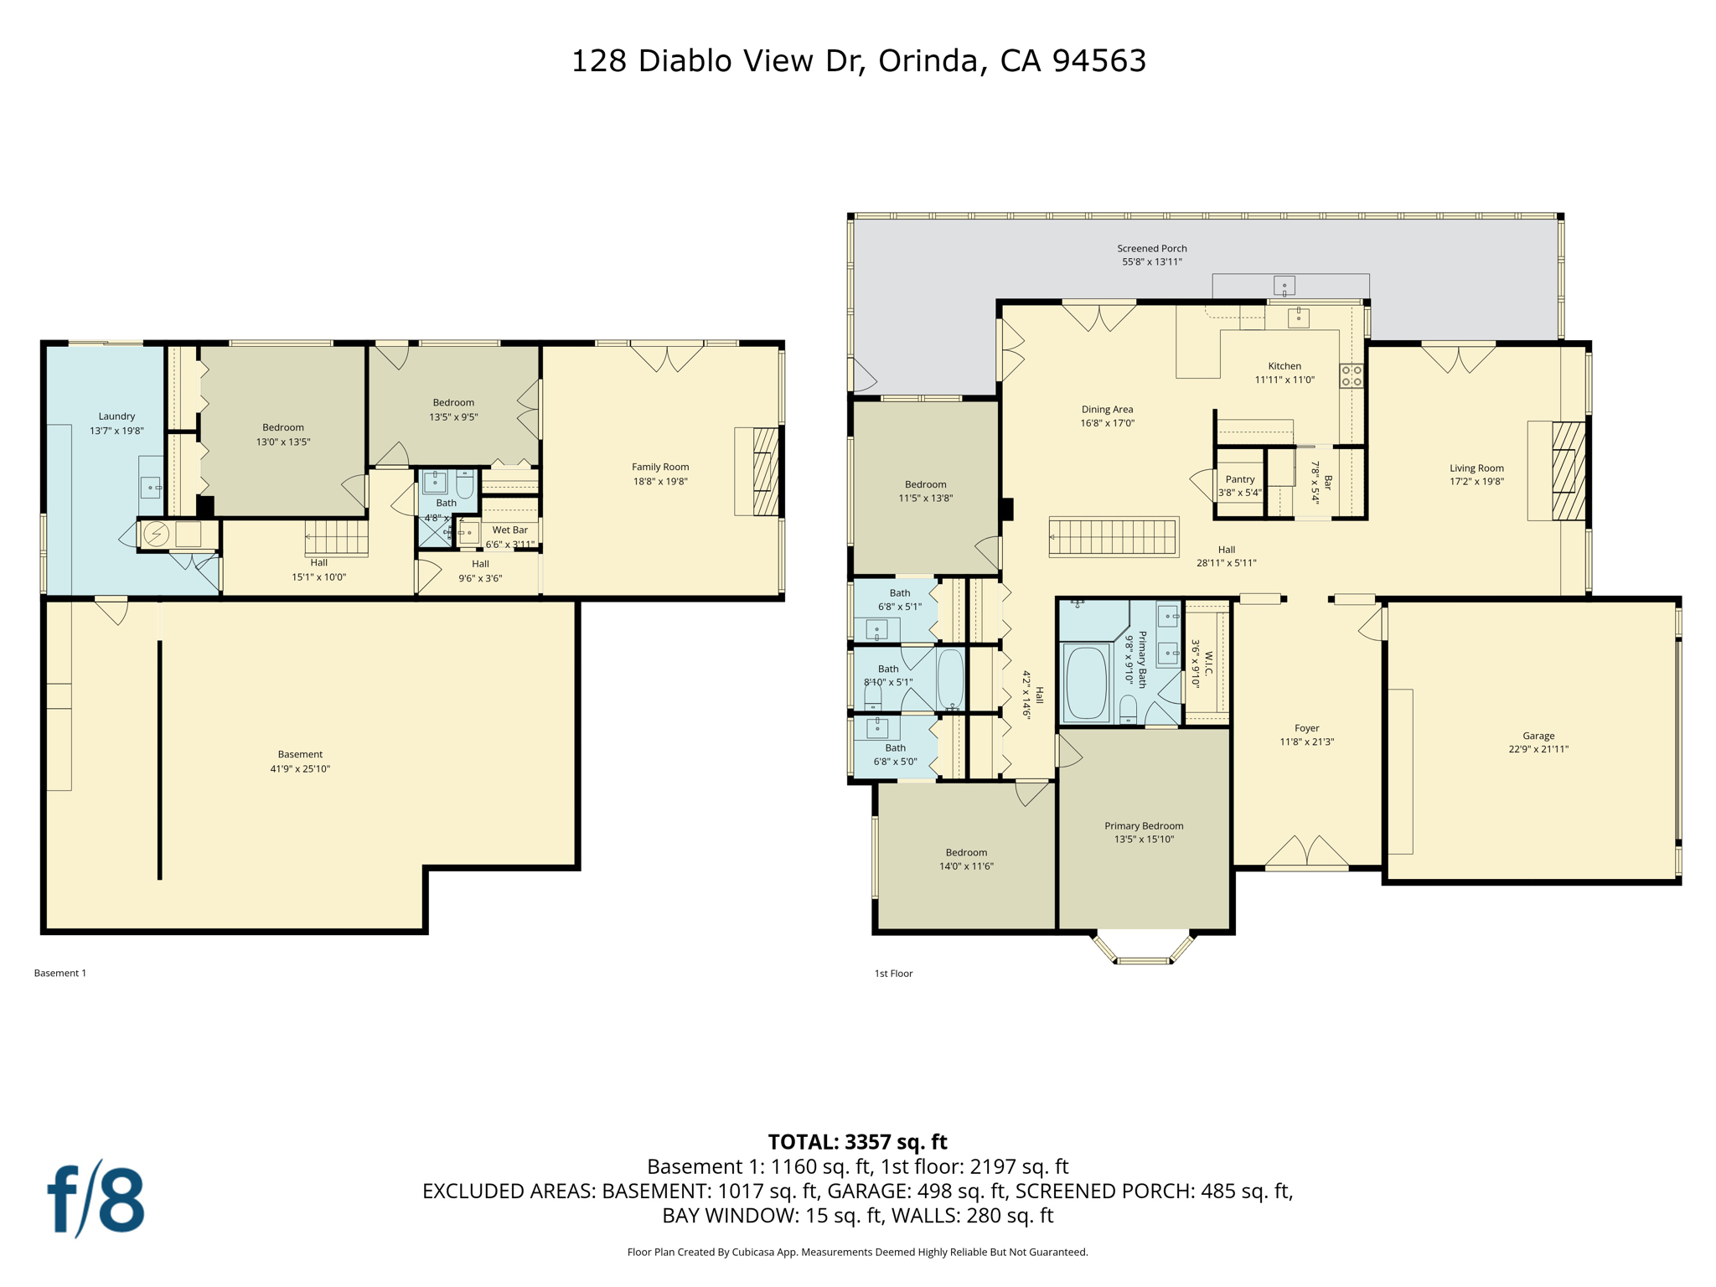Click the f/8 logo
pyautogui.click(x=96, y=1199)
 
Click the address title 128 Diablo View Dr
pyautogui.click(x=858, y=60)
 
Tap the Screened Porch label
pyautogui.click(x=1151, y=249)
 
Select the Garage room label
pyautogui.click(x=1538, y=736)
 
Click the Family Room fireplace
pyautogui.click(x=764, y=471)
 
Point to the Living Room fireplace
pyautogui.click(x=1568, y=471)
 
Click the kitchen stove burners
pyautogui.click(x=1351, y=375)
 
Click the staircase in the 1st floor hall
pyautogui.click(x=1113, y=536)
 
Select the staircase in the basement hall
pyautogui.click(x=336, y=537)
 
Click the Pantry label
pyautogui.click(x=1240, y=479)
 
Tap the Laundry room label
pyautogui.click(x=116, y=416)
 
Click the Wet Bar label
pyautogui.click(x=509, y=530)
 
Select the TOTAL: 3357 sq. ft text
pyautogui.click(x=857, y=1142)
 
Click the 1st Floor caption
pyautogui.click(x=893, y=973)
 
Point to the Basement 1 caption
pyautogui.click(x=60, y=973)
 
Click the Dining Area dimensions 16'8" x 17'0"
pyautogui.click(x=1107, y=423)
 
